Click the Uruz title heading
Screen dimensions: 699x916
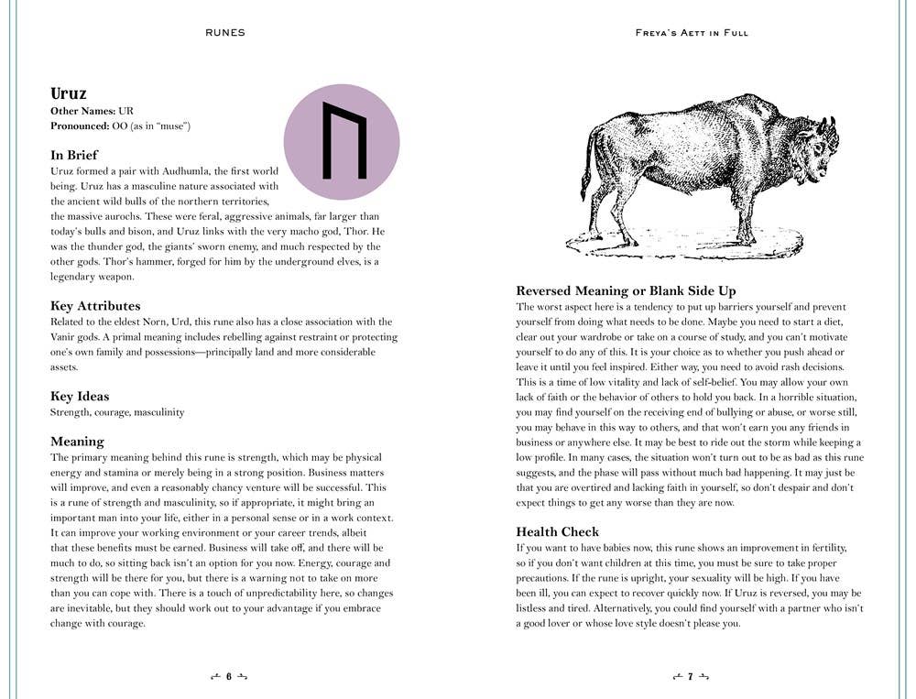pos(69,93)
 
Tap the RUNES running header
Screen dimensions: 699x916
pos(225,33)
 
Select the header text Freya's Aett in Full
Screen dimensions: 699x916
pos(692,33)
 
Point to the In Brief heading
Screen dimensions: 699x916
pos(74,155)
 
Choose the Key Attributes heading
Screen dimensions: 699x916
pos(95,306)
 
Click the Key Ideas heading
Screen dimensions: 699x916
pos(80,397)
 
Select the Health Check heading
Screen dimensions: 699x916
pos(557,531)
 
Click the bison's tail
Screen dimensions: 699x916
pos(587,165)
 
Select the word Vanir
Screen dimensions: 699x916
pos(65,337)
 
